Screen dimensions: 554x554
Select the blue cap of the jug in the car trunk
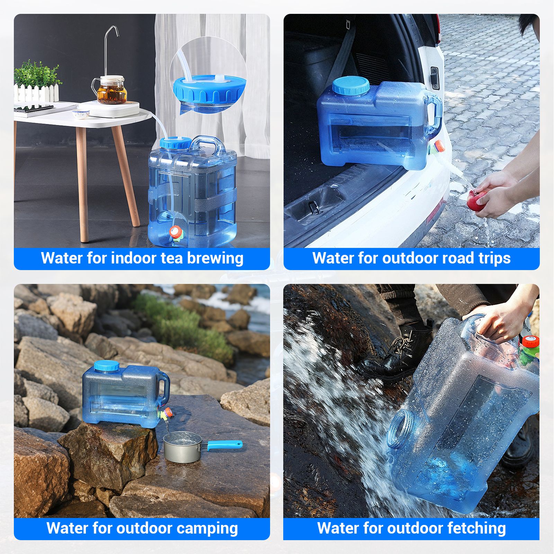click(351, 86)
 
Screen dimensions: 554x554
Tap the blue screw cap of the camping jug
click(106, 366)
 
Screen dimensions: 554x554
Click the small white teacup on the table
click(81, 113)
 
